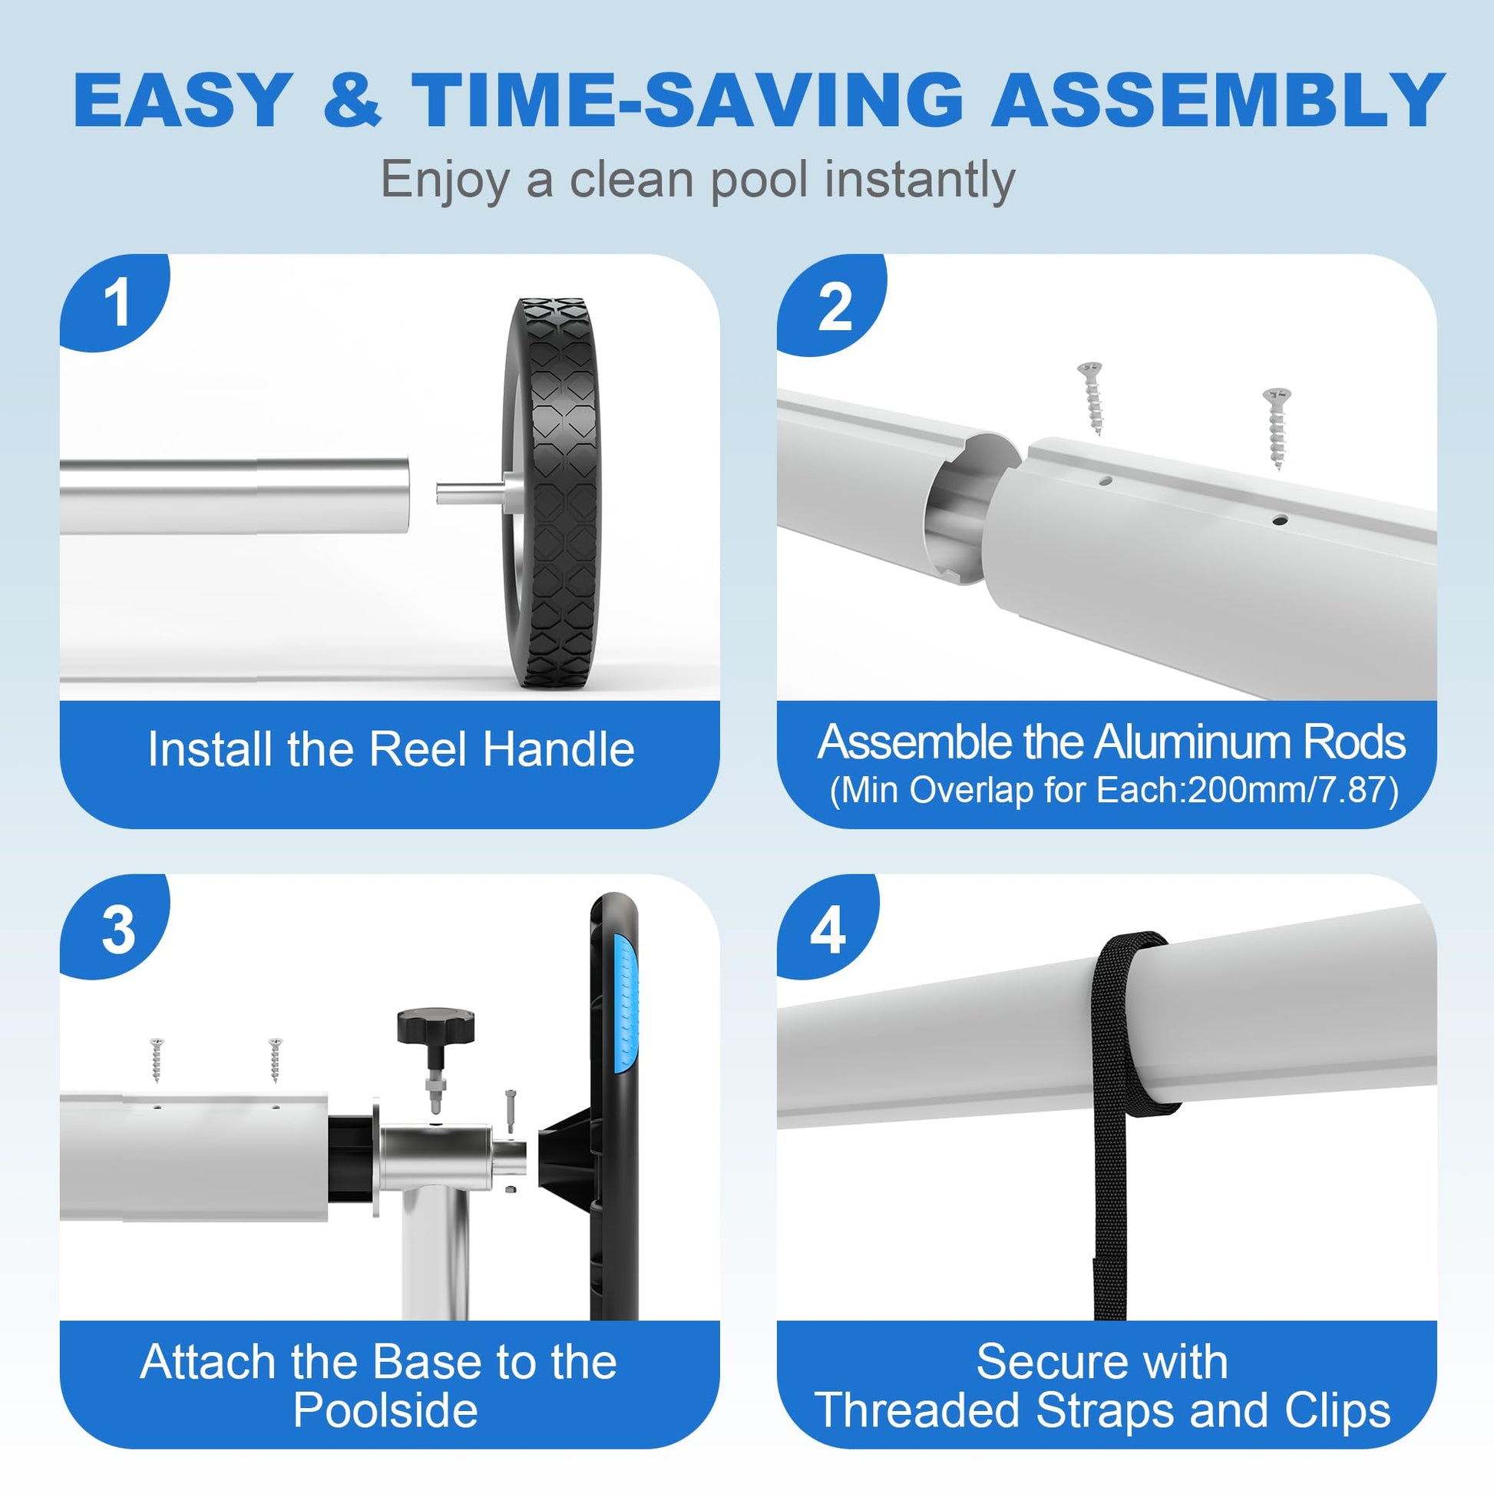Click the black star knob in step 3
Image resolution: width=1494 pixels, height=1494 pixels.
435,1026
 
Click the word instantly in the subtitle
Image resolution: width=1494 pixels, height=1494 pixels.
920,181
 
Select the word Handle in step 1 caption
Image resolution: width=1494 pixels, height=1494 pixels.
559,749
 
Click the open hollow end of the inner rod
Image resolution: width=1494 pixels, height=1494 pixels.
971,507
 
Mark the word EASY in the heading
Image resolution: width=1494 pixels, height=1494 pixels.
183,99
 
